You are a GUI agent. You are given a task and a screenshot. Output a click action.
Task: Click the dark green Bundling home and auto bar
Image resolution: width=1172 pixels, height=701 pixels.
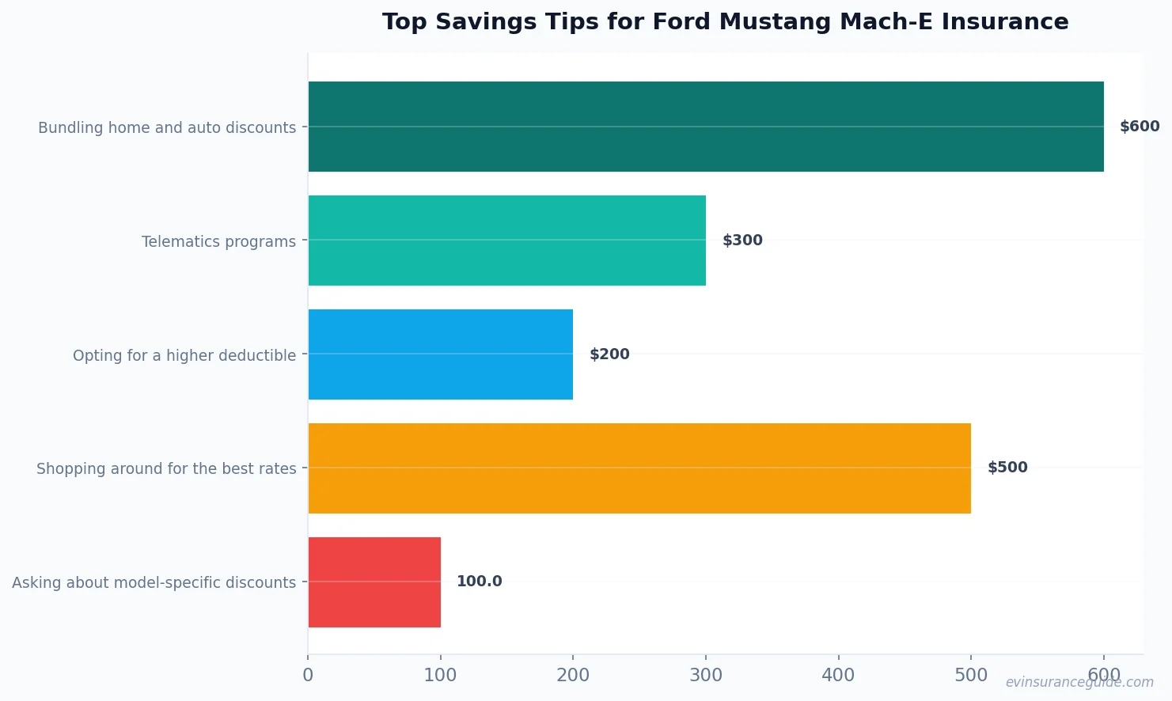pos(705,127)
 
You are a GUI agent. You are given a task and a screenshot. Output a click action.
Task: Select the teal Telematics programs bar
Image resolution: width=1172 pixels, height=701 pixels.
pos(506,241)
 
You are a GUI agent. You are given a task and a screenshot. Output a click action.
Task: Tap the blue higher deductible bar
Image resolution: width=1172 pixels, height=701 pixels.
pos(440,354)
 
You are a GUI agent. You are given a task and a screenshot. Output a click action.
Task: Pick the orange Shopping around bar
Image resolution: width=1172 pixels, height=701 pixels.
pos(639,468)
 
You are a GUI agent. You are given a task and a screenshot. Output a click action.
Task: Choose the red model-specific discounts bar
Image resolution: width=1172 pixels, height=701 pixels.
pos(374,582)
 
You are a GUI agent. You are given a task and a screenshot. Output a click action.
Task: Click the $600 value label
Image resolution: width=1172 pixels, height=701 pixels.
pos(1139,127)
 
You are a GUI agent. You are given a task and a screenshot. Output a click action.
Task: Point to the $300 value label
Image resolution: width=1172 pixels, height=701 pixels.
pos(742,241)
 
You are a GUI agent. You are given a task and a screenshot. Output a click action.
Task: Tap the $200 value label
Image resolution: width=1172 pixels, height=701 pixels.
pos(609,354)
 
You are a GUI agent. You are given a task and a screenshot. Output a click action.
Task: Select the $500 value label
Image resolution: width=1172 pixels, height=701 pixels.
pos(1007,468)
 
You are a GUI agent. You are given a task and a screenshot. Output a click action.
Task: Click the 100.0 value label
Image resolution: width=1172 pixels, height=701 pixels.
pos(479,582)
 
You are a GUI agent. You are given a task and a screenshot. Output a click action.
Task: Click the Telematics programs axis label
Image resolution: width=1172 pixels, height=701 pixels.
pos(218,241)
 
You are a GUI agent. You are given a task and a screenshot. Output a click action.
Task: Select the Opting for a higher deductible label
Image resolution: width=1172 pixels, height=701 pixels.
pos(184,355)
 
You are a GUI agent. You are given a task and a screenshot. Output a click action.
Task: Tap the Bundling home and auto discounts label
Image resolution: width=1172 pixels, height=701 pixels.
pos(167,127)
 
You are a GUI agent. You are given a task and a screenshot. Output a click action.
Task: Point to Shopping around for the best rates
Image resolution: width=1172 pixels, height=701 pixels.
pos(166,468)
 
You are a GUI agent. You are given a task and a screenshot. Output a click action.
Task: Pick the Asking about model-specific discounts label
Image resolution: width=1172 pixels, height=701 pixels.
pos(154,582)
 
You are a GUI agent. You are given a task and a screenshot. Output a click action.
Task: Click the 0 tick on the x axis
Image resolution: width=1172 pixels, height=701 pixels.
pos(308,675)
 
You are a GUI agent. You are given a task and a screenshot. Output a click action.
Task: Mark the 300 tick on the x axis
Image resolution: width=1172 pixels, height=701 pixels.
pos(705,675)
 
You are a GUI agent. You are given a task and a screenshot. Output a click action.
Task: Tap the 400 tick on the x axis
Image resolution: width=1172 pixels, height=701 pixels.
pos(838,675)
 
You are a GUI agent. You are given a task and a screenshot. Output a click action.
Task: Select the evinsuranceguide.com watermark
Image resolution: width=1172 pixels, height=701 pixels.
pos(1079,682)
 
